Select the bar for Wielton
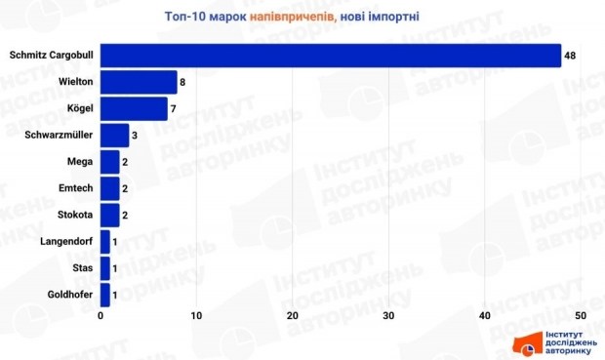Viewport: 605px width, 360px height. coord(139,82)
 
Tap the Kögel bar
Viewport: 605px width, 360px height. coord(134,108)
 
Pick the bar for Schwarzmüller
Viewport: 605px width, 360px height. coord(115,135)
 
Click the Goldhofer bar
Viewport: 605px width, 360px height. coord(105,293)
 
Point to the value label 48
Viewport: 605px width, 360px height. coord(570,56)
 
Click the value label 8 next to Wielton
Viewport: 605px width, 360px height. coord(182,82)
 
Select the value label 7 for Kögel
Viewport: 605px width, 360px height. coord(173,108)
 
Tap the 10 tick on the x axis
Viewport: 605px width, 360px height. coord(196,315)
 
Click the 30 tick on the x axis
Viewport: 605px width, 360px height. coord(388,315)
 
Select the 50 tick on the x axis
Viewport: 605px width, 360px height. coord(580,315)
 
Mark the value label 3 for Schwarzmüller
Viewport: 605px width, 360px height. coord(135,135)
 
